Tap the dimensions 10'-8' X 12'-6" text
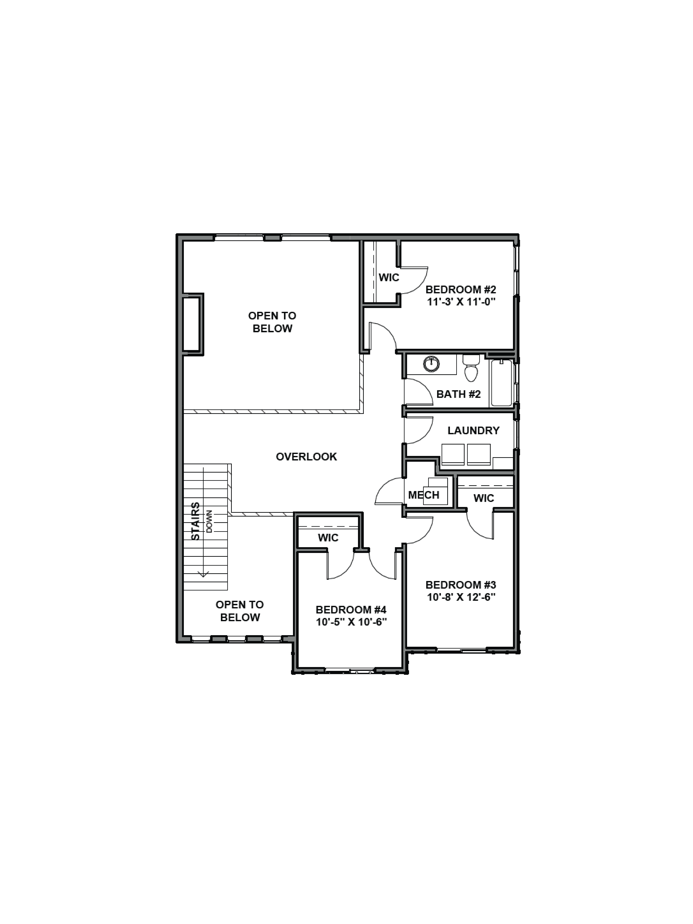461,597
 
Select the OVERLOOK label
306,457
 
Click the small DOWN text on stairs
209,521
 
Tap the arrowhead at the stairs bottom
203,575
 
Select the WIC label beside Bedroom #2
389,277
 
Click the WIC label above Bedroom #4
328,538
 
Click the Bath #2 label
458,394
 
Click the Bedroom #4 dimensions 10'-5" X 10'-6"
351,622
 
